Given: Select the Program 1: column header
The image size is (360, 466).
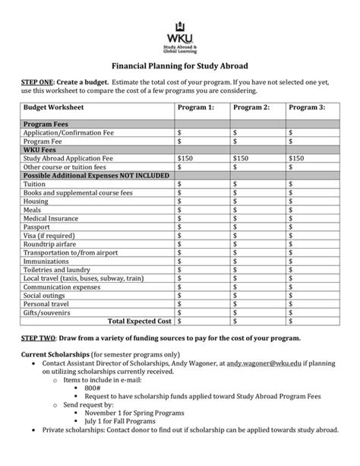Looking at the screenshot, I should [x=195, y=107].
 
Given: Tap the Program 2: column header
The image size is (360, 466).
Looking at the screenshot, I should [x=251, y=107].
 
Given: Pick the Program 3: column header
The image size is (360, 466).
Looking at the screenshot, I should [x=306, y=107].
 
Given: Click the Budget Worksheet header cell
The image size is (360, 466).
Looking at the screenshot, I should [x=52, y=107].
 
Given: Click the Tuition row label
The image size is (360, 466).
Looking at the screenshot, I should [x=36, y=183].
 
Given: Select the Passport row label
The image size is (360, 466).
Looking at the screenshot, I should [x=38, y=227].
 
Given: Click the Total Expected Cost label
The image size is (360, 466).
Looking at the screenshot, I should [x=141, y=322].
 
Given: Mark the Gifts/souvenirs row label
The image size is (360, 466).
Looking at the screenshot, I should [x=47, y=312].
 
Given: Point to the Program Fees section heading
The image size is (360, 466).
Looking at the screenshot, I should [x=49, y=123].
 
